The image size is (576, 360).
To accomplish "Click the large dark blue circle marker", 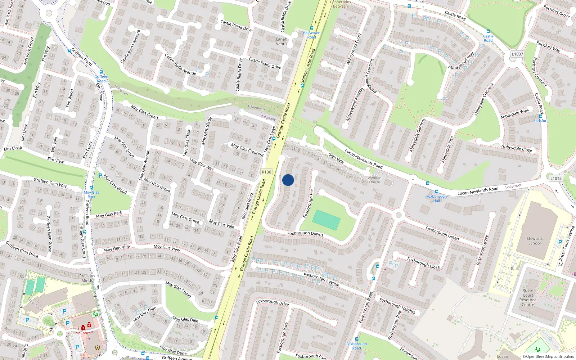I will coord(288,180).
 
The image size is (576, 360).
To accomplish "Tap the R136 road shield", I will coord(266,172).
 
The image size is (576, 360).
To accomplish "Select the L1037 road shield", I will coord(517,54).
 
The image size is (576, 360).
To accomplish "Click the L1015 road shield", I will coord(556,178).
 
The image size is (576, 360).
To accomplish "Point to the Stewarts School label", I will coord(534,241).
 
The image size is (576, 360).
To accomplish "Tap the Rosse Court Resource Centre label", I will coord(528,297).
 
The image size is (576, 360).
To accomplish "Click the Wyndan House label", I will coord(374,180).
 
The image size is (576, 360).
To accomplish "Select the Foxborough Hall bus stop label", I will coord(436,198).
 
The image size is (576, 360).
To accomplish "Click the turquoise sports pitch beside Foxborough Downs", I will coord(326,220).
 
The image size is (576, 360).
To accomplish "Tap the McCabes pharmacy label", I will coord(83,333).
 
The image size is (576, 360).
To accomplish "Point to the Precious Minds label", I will coord(87,278).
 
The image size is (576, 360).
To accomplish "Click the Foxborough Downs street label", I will coord(305,234).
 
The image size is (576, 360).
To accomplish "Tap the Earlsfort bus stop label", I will coord(540,121).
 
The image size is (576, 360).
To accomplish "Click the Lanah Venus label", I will coord(282,41).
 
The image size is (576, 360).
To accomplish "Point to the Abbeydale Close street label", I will coord(517,148).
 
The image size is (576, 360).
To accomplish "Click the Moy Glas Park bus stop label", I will coord(91,194).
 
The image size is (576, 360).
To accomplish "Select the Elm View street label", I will coord(55,160).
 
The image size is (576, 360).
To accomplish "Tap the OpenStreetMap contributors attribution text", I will coord(548,357).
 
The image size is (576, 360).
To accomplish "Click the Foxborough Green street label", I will coord(442,233).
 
